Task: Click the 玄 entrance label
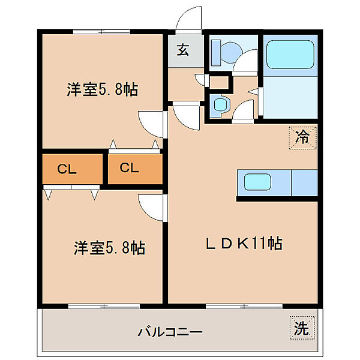182,50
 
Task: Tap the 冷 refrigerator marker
303,136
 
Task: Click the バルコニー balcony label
170,331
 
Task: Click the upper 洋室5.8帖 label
103,90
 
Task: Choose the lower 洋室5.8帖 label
110,247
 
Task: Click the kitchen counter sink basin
258,182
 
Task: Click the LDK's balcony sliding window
243,306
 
